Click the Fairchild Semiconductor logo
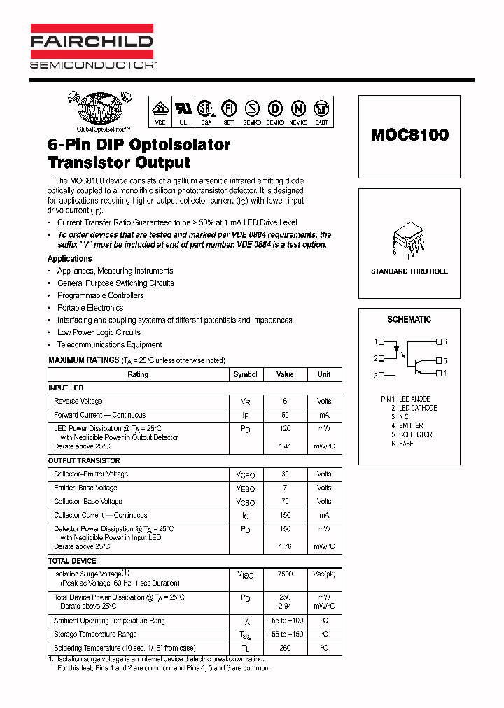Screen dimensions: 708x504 [92, 48]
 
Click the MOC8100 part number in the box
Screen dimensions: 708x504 [409, 134]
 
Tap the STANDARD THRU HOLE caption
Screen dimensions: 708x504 [409, 271]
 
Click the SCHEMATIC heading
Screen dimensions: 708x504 [409, 320]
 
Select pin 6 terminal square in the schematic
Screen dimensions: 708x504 [439, 341]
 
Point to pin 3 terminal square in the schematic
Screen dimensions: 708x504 [380, 376]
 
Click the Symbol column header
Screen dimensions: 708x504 [246, 374]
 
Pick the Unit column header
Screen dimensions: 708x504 [324, 374]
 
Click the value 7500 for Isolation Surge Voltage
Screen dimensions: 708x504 [285, 574]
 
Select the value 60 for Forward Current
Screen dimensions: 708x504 [285, 415]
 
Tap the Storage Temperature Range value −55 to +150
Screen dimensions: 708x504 [285, 635]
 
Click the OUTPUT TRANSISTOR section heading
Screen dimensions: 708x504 [84, 461]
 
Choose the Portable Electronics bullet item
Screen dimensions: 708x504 [90, 308]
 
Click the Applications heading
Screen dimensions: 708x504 [69, 259]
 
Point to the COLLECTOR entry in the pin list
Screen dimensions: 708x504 [416, 434]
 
